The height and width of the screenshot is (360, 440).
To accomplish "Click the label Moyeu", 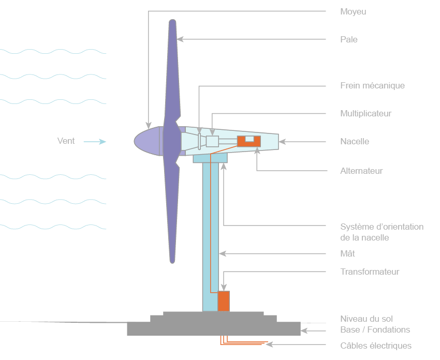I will tap(353, 11).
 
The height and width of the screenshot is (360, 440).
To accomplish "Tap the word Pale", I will tap(349, 39).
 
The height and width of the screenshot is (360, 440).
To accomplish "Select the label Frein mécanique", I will tap(372, 85).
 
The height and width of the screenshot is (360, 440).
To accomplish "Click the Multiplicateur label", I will tap(365, 113).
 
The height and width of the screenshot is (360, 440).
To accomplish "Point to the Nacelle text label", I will tap(355, 141).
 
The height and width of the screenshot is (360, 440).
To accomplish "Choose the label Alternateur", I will tap(361, 171).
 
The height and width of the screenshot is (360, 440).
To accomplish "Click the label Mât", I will tap(347, 253).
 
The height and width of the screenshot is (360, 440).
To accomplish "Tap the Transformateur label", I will tap(370, 272).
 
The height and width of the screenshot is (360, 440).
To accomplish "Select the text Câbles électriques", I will tap(376, 346).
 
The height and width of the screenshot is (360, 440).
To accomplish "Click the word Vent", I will tap(66, 141).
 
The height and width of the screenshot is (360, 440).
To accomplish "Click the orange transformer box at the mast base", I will tap(224, 301).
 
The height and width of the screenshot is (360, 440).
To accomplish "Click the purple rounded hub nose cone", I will tap(147, 141).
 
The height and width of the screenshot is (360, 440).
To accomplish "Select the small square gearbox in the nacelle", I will tap(213, 141).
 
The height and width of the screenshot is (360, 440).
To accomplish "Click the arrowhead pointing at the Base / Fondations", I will tap(304, 330).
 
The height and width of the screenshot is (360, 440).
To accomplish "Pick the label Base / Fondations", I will tap(375, 329).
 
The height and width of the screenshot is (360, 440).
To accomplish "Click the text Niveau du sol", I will tap(366, 319).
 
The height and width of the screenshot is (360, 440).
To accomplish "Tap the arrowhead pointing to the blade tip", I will tap(180, 39).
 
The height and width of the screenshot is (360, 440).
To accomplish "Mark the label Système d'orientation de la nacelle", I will tap(382, 232).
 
